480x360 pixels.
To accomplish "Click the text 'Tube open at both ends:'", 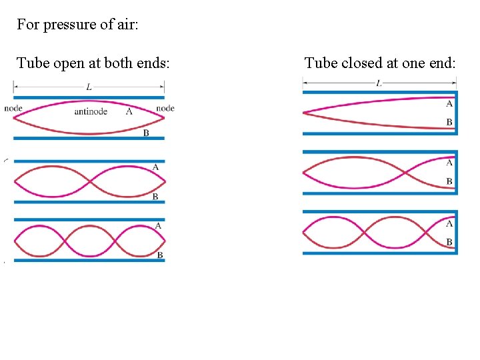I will (x=93, y=63).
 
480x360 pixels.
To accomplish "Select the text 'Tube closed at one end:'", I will (x=380, y=63).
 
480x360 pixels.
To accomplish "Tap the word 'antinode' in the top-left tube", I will (x=91, y=111).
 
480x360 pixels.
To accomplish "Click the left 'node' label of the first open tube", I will (x=13, y=108).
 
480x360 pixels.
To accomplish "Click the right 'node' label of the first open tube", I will (x=165, y=108).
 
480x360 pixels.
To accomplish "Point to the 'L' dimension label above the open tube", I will (x=89, y=87).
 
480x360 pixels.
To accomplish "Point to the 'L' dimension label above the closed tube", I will (x=379, y=83).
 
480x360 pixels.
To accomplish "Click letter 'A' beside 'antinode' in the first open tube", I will (x=129, y=111).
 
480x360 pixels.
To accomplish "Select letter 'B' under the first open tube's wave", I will (x=146, y=133).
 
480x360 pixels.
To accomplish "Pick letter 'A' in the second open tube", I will (x=155, y=167).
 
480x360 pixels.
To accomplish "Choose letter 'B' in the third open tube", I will (x=160, y=255).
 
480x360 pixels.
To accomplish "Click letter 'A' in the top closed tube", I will (x=449, y=103).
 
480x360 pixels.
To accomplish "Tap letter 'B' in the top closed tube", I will (x=449, y=122).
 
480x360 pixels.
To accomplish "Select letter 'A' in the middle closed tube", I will (x=449, y=163).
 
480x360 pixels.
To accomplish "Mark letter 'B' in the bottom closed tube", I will (x=449, y=242).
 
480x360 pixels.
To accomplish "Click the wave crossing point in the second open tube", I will (x=89, y=180).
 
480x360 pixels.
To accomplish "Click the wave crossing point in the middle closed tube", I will (x=405, y=173).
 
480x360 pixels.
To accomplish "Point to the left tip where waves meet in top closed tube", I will (x=304, y=113).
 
